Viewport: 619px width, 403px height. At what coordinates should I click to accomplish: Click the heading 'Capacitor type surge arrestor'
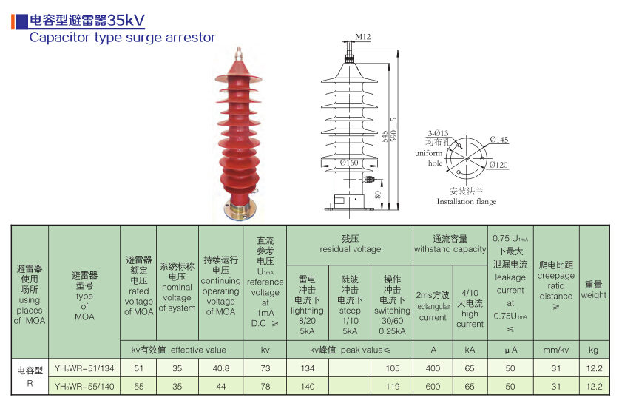tap(122, 37)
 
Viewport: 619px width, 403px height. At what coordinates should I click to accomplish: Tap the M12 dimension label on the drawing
tap(362, 36)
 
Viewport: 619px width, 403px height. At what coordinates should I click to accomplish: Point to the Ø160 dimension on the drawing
tap(348, 163)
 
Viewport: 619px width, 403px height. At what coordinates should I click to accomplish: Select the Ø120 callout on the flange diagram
tap(498, 165)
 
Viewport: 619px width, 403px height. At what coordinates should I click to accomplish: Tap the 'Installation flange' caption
tap(466, 202)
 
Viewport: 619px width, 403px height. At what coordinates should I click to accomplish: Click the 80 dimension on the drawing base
tap(378, 194)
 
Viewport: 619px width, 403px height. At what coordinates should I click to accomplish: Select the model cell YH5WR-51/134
tap(84, 368)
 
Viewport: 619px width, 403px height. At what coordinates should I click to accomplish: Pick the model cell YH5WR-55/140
tap(84, 386)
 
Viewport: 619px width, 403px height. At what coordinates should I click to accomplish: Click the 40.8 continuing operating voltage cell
tap(220, 368)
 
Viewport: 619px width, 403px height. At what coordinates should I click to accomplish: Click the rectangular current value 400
tap(432, 368)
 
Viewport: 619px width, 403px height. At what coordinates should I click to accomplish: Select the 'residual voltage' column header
tap(350, 244)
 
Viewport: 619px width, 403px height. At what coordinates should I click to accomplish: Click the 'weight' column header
tap(593, 290)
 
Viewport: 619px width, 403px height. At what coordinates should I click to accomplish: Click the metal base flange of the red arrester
tap(239, 212)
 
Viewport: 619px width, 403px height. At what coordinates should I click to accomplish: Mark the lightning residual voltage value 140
tap(307, 386)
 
